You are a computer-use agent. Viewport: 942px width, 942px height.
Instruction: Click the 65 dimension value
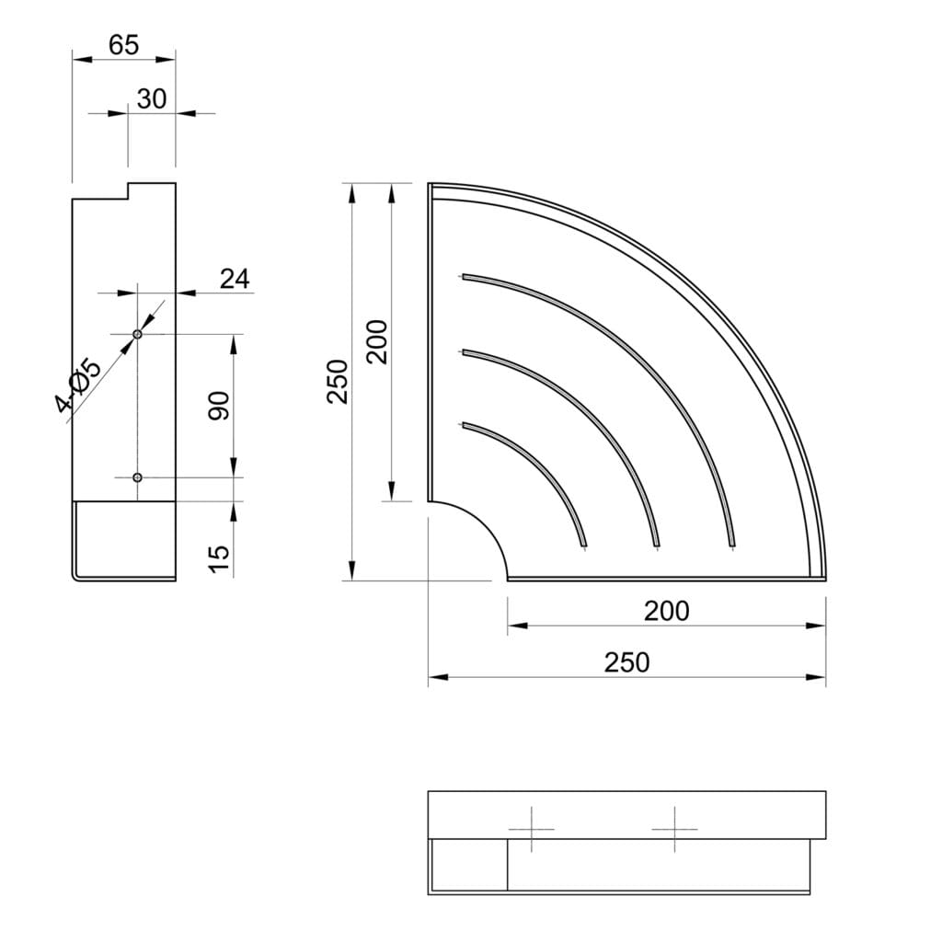click(x=124, y=45)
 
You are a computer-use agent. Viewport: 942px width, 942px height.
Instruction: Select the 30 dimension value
click(x=152, y=99)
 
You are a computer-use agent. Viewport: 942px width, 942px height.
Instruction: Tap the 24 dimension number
click(x=235, y=279)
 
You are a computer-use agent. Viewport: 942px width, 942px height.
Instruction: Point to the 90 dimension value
click(x=219, y=406)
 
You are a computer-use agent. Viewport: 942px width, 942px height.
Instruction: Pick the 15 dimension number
click(x=219, y=560)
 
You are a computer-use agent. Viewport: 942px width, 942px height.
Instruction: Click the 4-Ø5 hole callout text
click(x=78, y=385)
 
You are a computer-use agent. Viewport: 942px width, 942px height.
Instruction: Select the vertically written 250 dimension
click(x=338, y=382)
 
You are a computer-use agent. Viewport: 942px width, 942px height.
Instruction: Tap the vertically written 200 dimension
click(x=377, y=342)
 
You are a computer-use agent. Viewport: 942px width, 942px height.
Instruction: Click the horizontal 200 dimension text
click(x=667, y=612)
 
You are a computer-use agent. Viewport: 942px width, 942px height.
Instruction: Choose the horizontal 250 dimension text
click(x=626, y=662)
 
